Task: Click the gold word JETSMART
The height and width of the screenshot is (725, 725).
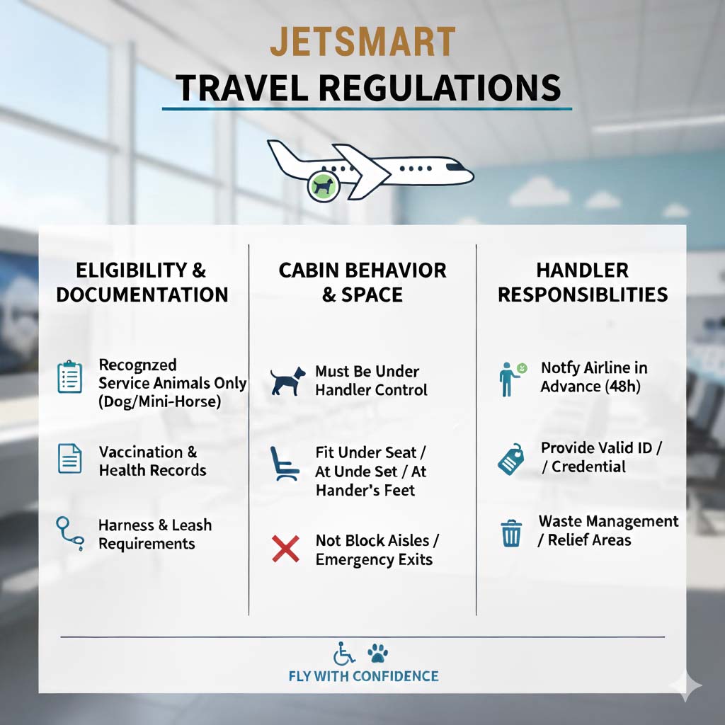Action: (363, 42)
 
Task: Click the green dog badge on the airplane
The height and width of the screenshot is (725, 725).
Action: (324, 186)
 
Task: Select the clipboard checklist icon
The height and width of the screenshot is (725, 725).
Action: (70, 377)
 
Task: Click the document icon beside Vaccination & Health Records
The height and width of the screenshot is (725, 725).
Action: (70, 458)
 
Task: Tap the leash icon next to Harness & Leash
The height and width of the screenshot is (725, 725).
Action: (70, 534)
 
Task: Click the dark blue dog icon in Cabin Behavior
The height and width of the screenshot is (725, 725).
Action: (287, 380)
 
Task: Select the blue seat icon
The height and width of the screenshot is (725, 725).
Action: (284, 463)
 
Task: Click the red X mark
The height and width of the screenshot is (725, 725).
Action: (285, 549)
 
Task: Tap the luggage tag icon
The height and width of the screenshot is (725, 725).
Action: (511, 459)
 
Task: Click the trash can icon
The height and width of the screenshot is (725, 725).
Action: (511, 533)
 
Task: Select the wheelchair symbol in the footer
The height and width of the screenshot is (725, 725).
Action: (344, 653)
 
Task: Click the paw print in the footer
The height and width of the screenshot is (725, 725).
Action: (378, 653)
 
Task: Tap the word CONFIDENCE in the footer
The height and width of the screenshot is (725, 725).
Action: (395, 676)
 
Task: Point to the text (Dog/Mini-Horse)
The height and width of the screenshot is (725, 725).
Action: (159, 401)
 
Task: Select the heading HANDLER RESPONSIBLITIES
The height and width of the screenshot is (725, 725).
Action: (583, 282)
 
